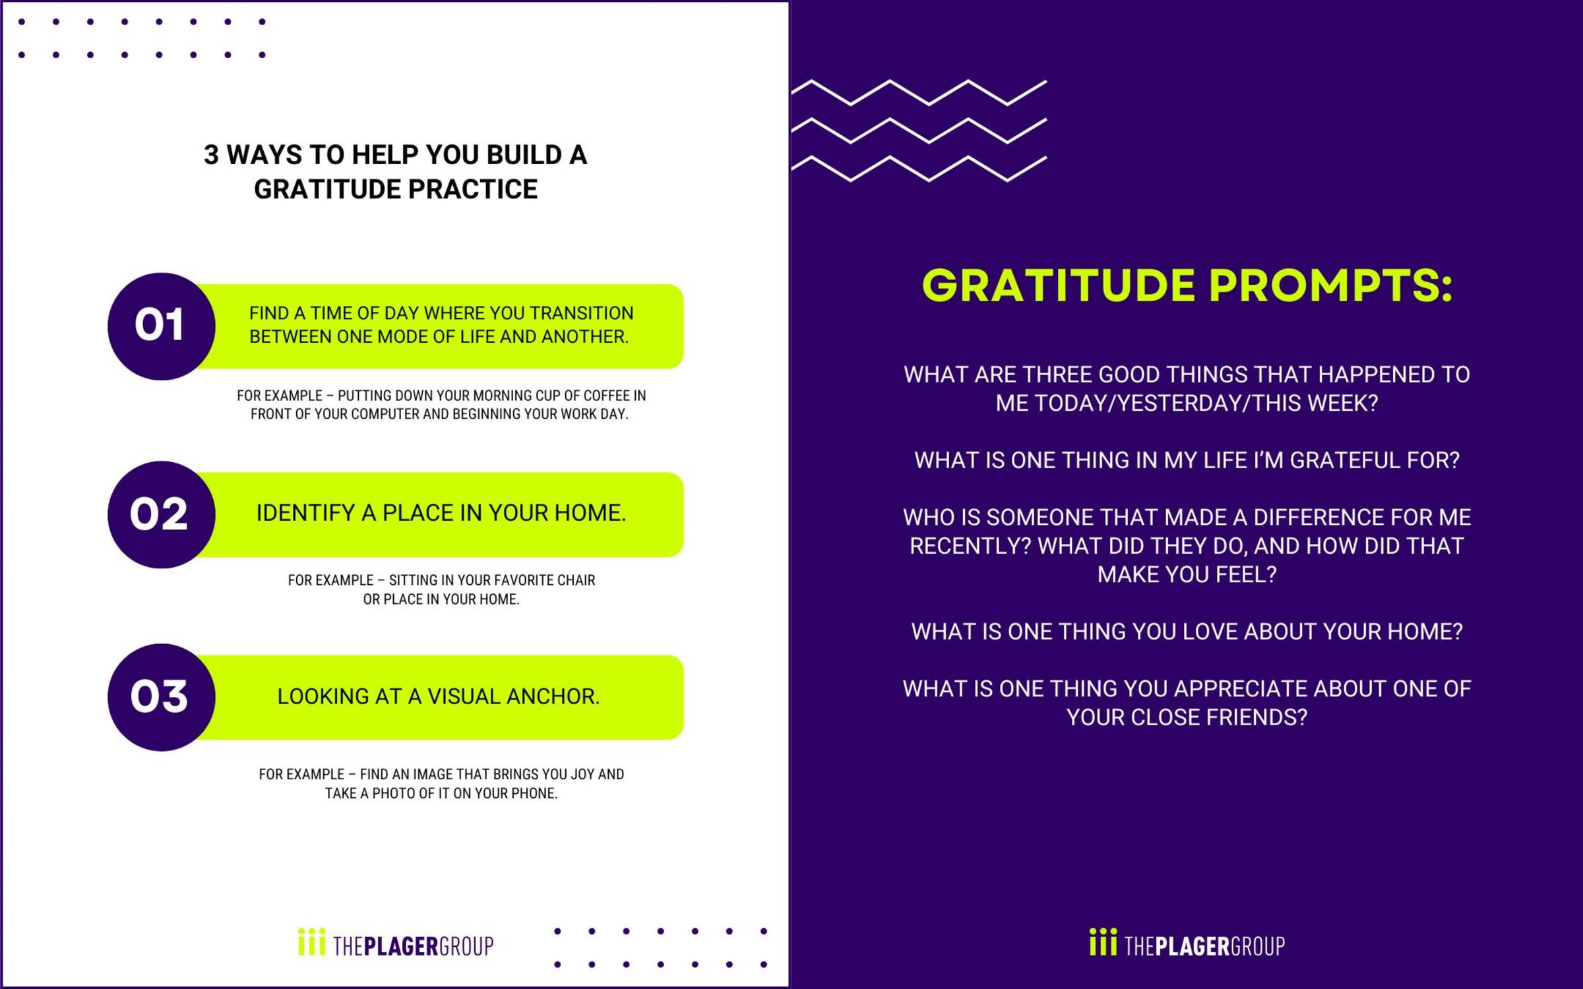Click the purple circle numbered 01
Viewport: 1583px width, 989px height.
coord(161,326)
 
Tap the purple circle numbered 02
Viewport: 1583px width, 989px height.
coord(161,514)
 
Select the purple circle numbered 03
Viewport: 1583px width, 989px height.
coord(161,697)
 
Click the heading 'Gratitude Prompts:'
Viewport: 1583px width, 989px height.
coord(1187,286)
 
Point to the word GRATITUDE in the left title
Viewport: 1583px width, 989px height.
coord(327,189)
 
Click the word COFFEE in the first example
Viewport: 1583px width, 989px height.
coord(606,396)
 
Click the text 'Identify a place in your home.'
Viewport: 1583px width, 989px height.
coord(441,513)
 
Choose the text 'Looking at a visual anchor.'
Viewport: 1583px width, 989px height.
coord(439,696)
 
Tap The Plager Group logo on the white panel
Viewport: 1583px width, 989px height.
coord(396,943)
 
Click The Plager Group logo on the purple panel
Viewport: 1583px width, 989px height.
coord(1187,943)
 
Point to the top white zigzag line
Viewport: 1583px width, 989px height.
coord(919,92)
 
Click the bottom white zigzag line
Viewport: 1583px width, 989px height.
coord(919,169)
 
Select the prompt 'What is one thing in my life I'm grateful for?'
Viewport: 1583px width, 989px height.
coord(1187,460)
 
